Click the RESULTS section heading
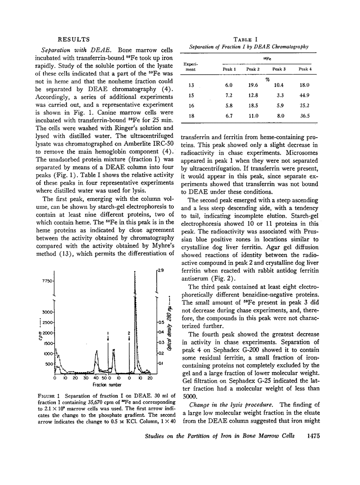[73, 39]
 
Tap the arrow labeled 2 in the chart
[129, 335]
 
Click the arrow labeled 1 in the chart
[108, 335]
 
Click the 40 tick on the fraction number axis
[96, 378]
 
